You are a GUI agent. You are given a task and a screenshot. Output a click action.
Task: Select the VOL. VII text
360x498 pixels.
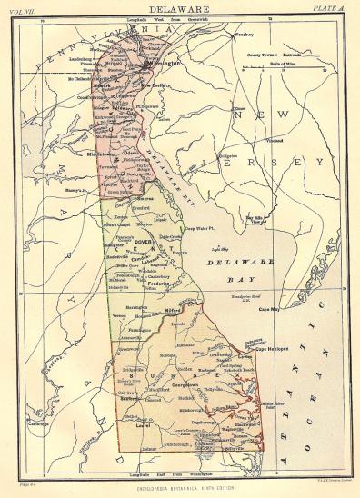tap(25, 9)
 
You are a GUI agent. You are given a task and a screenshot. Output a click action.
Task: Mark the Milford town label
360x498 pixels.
tap(162, 311)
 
